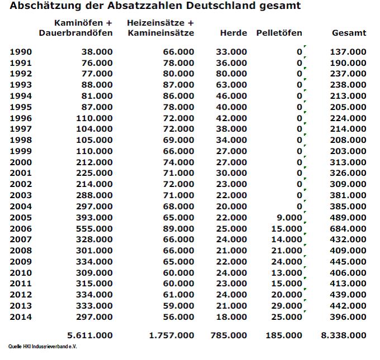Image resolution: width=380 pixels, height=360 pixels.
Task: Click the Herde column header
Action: (x=234, y=33)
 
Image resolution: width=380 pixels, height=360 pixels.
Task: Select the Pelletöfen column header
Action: (x=279, y=33)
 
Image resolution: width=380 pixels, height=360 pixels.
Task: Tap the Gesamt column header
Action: (x=349, y=33)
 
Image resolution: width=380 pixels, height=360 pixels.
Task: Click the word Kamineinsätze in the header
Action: (x=161, y=33)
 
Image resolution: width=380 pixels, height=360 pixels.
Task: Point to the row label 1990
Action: (x=21, y=52)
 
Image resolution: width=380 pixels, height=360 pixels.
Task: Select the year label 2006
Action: (x=21, y=228)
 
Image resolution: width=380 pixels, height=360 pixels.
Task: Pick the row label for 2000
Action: (x=21, y=162)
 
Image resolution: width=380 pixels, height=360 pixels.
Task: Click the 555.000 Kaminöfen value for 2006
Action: (x=94, y=228)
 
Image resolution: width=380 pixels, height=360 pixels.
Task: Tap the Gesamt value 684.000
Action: (x=348, y=228)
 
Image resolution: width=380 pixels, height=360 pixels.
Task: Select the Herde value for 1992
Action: (x=231, y=74)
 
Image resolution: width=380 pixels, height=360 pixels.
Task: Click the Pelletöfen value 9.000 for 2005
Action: (x=289, y=218)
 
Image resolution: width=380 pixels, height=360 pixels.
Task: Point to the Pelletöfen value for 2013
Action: (x=287, y=305)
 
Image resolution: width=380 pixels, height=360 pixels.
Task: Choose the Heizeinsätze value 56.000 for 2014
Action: (x=179, y=316)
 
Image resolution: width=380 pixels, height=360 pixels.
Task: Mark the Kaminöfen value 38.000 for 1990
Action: (x=97, y=52)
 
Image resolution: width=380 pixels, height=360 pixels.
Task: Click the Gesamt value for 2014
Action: (x=348, y=316)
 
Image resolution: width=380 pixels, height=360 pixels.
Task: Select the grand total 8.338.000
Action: (x=344, y=335)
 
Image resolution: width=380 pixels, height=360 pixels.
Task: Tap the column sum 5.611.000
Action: (x=90, y=335)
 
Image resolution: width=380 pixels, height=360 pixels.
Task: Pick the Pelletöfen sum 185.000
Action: (x=284, y=335)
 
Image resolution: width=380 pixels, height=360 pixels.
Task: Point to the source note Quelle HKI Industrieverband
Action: (x=42, y=347)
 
